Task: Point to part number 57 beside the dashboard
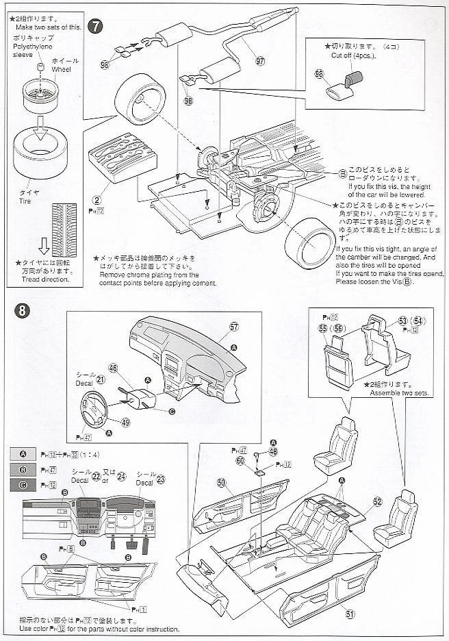[x=233, y=327]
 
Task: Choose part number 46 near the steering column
[x=114, y=368]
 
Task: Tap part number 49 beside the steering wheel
[x=125, y=423]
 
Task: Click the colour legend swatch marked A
[x=23, y=454]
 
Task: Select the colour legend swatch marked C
[x=23, y=485]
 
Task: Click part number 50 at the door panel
[x=221, y=483]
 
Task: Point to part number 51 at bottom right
[x=350, y=614]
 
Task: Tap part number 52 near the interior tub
[x=377, y=501]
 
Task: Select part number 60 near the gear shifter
[x=240, y=461]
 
